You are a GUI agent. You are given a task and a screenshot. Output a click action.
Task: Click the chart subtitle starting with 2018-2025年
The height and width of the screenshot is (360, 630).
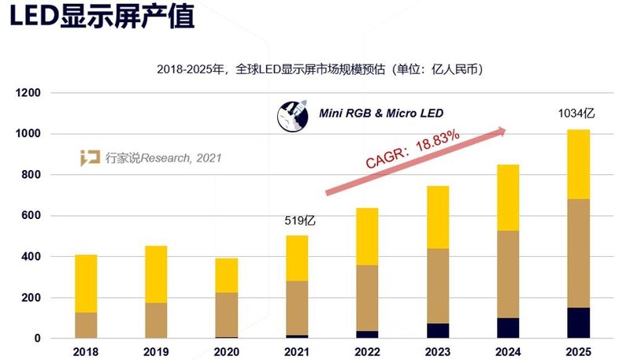(x=320, y=69)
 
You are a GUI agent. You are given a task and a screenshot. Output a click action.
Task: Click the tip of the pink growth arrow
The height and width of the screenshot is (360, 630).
(x=505, y=130)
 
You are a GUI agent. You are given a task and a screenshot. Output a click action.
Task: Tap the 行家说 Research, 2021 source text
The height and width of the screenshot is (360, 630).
(x=163, y=158)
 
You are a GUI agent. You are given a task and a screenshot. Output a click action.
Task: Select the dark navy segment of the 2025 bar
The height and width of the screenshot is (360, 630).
(x=579, y=323)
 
